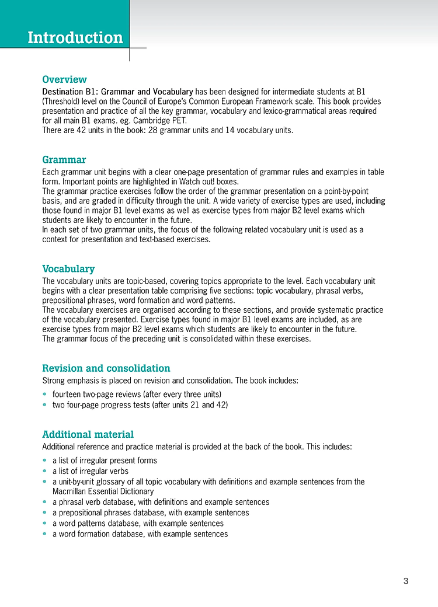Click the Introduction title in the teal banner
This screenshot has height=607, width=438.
point(75,38)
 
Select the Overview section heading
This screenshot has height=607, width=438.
point(64,79)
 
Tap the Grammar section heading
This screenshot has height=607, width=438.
point(64,160)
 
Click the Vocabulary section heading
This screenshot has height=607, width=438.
point(68,269)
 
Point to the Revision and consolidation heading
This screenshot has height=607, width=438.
point(106,368)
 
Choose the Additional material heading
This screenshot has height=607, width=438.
point(88,434)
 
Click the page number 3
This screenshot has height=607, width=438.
point(406,581)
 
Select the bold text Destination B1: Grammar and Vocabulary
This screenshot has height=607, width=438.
point(117,92)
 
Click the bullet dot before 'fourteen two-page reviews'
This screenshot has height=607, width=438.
point(45,395)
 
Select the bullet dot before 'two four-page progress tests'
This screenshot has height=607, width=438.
point(45,404)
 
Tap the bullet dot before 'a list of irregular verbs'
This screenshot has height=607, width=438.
point(45,471)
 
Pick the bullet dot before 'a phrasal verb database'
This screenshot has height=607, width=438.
point(45,502)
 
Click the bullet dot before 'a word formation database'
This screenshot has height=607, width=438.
point(45,533)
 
